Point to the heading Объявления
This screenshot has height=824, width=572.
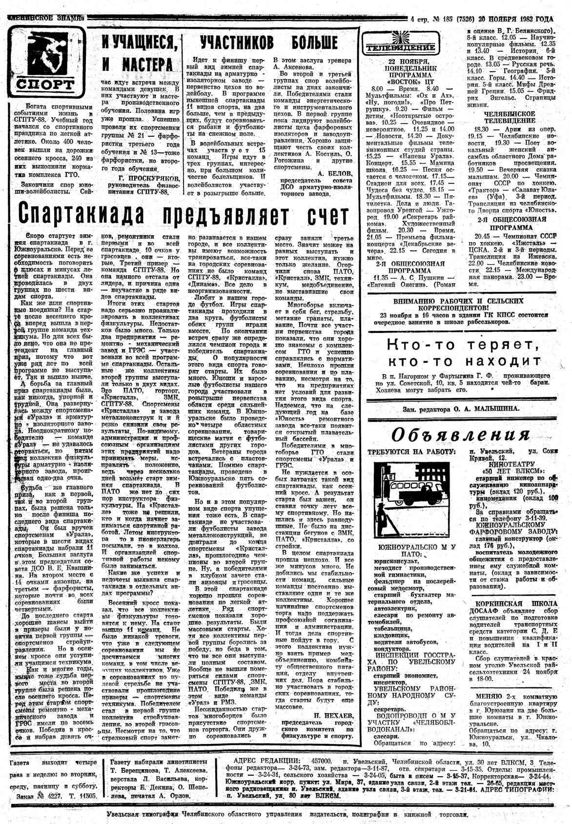click(x=461, y=434)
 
